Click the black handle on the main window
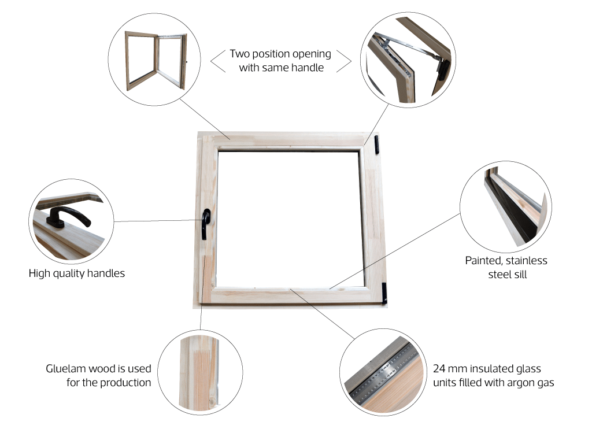(x=205, y=224)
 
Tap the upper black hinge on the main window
(x=377, y=145)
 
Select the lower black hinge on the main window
(x=384, y=293)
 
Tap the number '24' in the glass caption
(x=439, y=368)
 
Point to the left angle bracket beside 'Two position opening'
(x=218, y=61)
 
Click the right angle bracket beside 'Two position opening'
(x=344, y=61)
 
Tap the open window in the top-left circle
(x=156, y=60)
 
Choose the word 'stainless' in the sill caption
(x=527, y=261)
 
